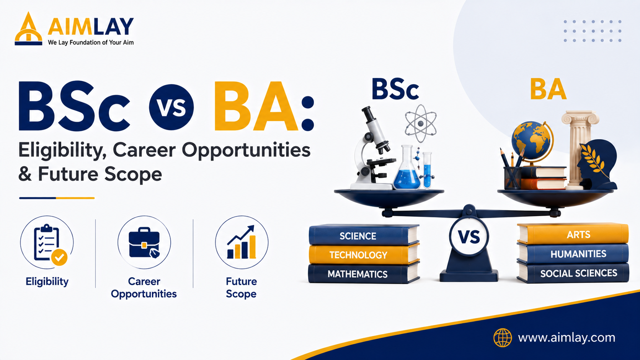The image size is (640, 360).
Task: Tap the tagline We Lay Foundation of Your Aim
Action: click(91, 42)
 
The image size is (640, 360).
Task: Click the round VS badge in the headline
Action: click(171, 108)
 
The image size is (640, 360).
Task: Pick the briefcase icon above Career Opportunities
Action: click(144, 243)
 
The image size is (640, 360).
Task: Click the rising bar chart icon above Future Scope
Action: click(242, 242)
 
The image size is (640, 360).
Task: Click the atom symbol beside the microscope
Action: click(421, 123)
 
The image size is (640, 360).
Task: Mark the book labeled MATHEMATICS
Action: click(364, 273)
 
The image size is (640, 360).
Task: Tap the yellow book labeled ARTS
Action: click(573, 234)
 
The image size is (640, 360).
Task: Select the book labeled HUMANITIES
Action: click(573, 254)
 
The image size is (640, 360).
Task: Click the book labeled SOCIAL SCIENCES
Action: click(573, 273)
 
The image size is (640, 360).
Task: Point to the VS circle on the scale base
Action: click(469, 236)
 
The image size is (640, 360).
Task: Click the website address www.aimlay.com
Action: click(567, 338)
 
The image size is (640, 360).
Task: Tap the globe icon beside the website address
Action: click(503, 338)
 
